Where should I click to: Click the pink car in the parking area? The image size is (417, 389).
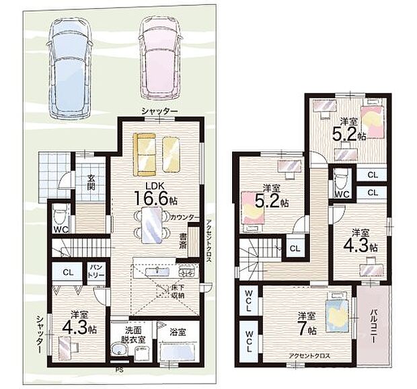(159, 59)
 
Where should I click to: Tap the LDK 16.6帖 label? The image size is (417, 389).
(155, 194)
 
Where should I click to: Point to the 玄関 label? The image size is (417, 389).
(91, 182)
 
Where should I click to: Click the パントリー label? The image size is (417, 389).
(97, 271)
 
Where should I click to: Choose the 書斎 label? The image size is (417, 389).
(182, 241)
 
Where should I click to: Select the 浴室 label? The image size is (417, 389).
(178, 331)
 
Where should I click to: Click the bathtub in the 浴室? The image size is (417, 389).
(178, 351)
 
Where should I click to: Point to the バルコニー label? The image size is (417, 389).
(373, 326)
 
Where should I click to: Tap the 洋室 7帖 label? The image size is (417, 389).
(307, 324)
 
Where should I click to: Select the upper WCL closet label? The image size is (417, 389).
(248, 300)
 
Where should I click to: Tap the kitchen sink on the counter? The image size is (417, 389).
(157, 271)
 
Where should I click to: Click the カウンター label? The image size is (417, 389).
(184, 217)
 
